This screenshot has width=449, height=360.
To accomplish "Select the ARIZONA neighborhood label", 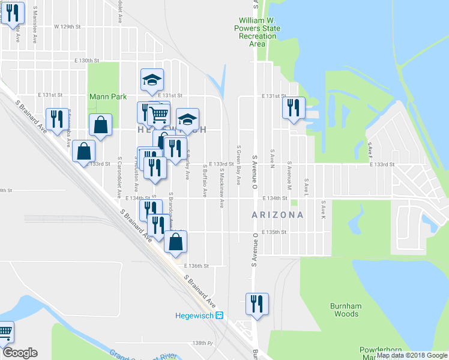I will (277, 214).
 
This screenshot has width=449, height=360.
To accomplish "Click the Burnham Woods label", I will (345, 310).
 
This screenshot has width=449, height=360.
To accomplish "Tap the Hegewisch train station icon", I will (220, 315).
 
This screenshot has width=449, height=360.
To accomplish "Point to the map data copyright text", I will (412, 355).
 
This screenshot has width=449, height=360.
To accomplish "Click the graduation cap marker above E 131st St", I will (152, 79).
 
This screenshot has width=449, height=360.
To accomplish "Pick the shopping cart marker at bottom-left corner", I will (5, 331).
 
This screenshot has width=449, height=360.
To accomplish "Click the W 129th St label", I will (67, 27).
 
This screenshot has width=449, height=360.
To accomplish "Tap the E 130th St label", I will (86, 61).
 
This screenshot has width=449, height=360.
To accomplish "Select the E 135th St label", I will (276, 232).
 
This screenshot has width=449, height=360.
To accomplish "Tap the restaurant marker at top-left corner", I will (12, 13).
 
